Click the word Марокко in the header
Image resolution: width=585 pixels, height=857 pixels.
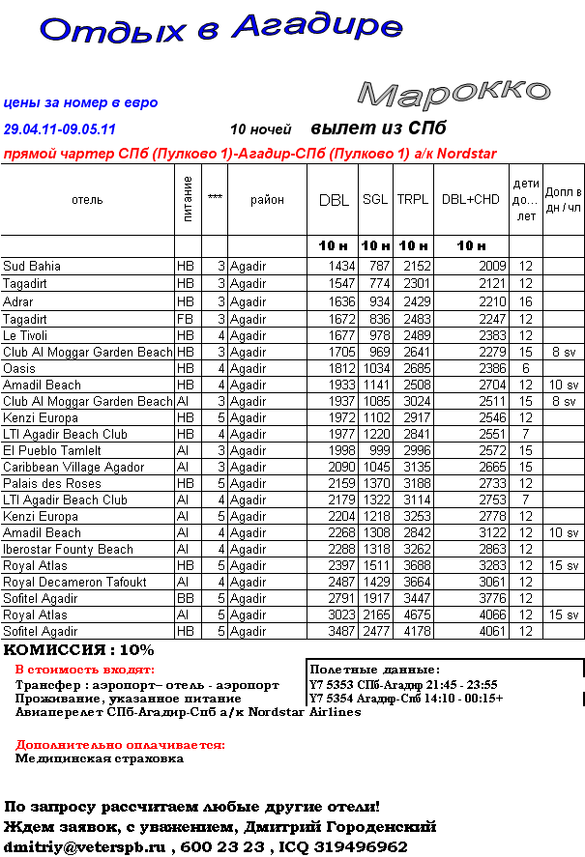click(453, 92)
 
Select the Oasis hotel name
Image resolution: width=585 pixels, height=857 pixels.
click(19, 368)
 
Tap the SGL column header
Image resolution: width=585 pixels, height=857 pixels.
click(375, 200)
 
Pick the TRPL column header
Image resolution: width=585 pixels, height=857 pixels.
click(413, 200)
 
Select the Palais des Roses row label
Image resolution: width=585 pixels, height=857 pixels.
click(52, 483)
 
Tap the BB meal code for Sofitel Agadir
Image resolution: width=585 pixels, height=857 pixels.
click(185, 598)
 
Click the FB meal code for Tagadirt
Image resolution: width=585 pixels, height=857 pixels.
click(185, 319)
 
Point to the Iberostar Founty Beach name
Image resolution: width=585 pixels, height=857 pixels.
click(69, 549)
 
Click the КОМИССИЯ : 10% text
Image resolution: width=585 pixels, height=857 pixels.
click(79, 650)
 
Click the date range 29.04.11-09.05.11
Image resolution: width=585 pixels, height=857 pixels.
click(60, 129)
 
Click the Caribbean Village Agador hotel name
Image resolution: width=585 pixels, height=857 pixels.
click(73, 467)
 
